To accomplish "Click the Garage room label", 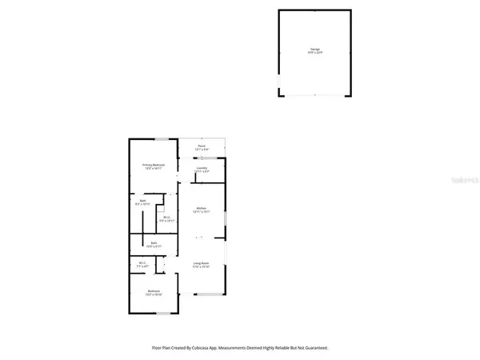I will coord(314,50).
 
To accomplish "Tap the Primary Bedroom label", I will coord(154,165).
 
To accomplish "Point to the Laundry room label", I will coord(202,168).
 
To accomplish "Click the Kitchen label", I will coord(202,209).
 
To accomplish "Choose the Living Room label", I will coord(201,263).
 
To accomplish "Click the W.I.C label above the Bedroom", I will coord(142,262).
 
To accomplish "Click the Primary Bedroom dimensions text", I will coord(154,169).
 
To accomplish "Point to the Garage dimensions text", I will coord(314,54).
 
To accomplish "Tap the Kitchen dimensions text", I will coord(202,213).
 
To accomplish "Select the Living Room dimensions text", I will coord(201,267).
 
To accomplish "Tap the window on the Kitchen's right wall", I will coord(226,220).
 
